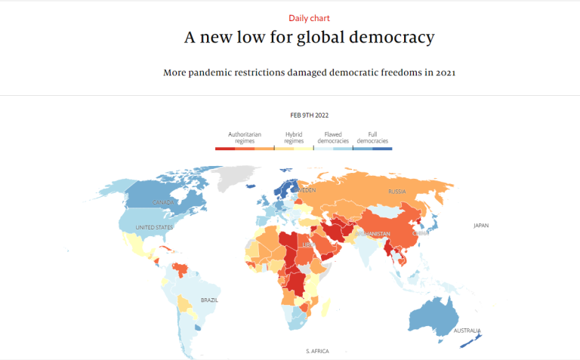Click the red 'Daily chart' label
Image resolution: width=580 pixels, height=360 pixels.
click(x=309, y=17)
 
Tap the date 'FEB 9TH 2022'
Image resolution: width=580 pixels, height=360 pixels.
click(x=310, y=115)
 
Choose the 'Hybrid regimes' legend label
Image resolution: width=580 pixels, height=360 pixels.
click(x=294, y=137)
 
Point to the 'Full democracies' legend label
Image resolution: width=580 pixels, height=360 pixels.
click(x=372, y=137)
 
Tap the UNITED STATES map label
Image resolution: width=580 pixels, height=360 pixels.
click(x=154, y=227)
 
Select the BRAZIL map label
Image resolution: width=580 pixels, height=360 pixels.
click(x=209, y=300)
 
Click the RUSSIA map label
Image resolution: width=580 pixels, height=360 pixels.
click(x=397, y=192)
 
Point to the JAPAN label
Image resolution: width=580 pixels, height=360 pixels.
click(x=482, y=226)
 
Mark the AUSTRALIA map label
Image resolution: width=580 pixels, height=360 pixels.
click(x=467, y=331)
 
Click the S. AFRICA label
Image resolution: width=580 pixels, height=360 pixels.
click(x=318, y=351)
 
